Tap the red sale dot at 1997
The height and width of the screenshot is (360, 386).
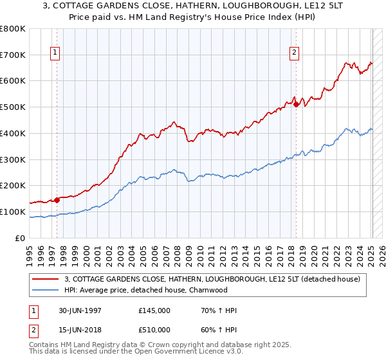[x=57, y=199]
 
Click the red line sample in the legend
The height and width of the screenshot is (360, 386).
[x=45, y=278]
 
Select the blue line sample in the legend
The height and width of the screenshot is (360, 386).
[x=45, y=290]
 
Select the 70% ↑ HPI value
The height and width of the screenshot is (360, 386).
[x=219, y=310]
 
